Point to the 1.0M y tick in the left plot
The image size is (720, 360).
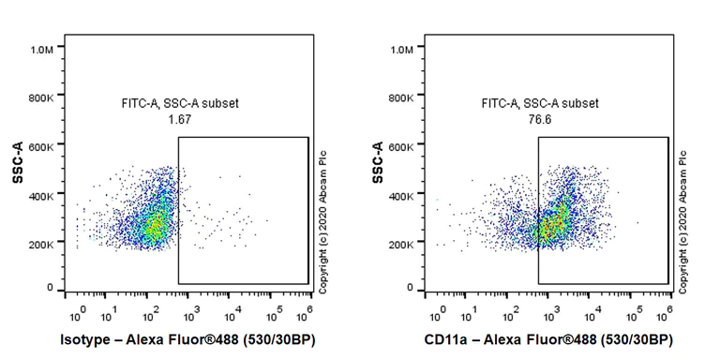47,48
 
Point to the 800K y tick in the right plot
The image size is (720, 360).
407,97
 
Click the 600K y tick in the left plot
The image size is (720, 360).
47,146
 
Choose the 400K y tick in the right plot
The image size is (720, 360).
407,195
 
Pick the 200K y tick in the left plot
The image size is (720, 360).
47,244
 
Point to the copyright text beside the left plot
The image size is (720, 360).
322,220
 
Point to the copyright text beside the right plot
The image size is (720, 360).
682,220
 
